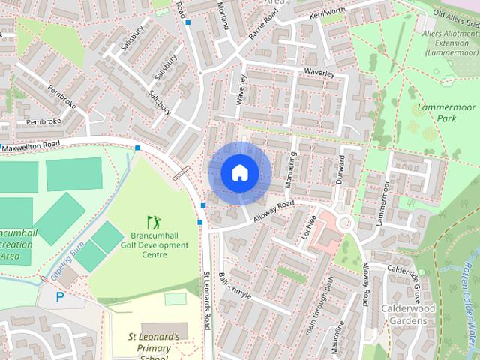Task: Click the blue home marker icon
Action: pyautogui.click(x=238, y=172)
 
